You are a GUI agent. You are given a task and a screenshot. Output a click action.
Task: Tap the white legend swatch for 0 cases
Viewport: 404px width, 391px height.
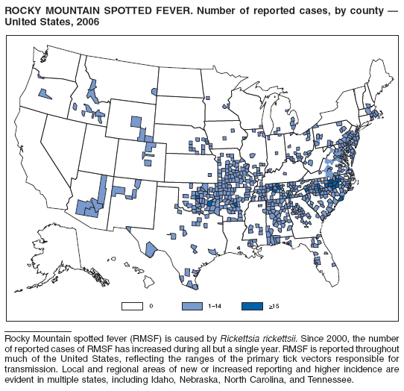click(132, 306)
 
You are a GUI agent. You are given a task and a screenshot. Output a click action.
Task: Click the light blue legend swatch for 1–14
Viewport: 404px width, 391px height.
click(192, 306)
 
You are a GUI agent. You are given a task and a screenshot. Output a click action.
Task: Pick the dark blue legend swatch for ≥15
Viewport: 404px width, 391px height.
click(252, 306)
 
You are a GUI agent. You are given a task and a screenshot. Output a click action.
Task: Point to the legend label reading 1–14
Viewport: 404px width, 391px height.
click(216, 307)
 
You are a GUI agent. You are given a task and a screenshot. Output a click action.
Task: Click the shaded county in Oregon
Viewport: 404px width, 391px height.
click(45, 94)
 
